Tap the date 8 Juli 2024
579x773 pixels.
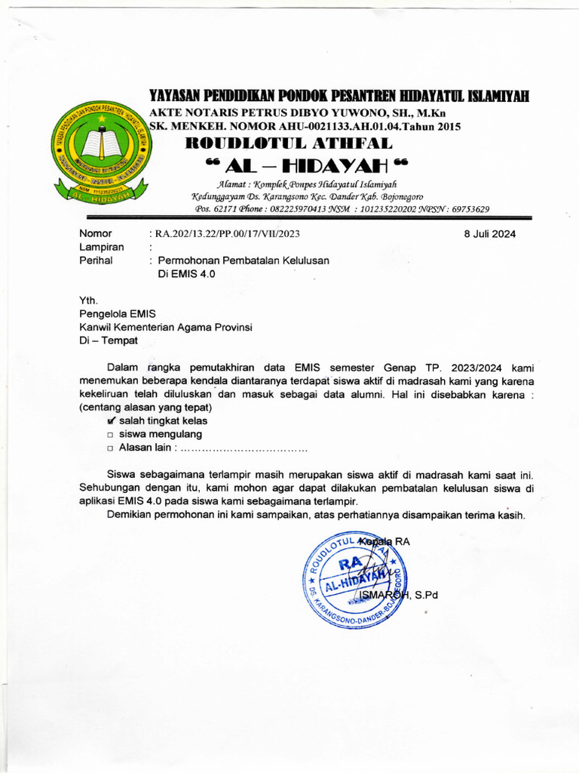pos(490,234)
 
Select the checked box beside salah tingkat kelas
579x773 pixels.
pos(112,420)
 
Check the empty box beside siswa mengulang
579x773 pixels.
pos(111,435)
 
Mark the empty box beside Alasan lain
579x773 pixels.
pos(111,449)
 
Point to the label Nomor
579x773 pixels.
pos(96,234)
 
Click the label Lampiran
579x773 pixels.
pos(101,247)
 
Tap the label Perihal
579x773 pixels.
pos(96,260)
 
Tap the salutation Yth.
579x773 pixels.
pos(89,300)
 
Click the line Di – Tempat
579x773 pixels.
pos(109,341)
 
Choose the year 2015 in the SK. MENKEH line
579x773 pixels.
pos(444,126)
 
